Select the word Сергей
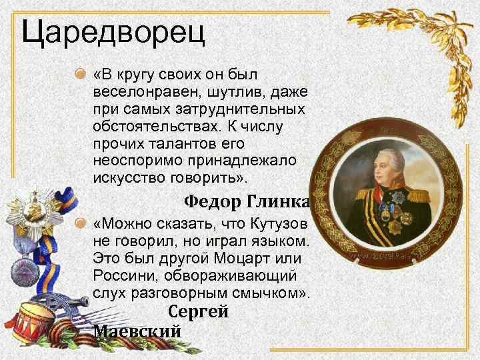click(198, 311)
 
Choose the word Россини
click(123, 274)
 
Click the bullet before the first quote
click(81, 72)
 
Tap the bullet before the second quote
click(81, 222)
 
